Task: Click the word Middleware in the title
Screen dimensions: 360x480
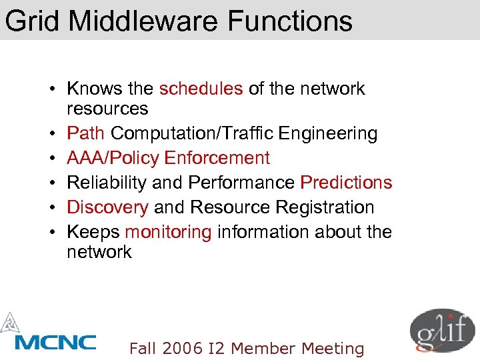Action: (143, 21)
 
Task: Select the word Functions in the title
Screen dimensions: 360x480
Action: (290, 21)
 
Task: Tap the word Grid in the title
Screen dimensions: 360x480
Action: (33, 21)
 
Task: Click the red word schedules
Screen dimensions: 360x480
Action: (201, 89)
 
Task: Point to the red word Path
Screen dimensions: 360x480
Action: (86, 133)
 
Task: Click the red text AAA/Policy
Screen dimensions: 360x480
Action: (113, 158)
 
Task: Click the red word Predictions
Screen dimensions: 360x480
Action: (346, 183)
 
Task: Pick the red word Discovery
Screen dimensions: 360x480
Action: (108, 207)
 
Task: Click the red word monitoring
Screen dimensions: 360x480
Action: (168, 232)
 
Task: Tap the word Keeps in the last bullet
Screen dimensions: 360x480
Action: (93, 232)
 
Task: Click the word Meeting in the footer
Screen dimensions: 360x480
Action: (333, 348)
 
